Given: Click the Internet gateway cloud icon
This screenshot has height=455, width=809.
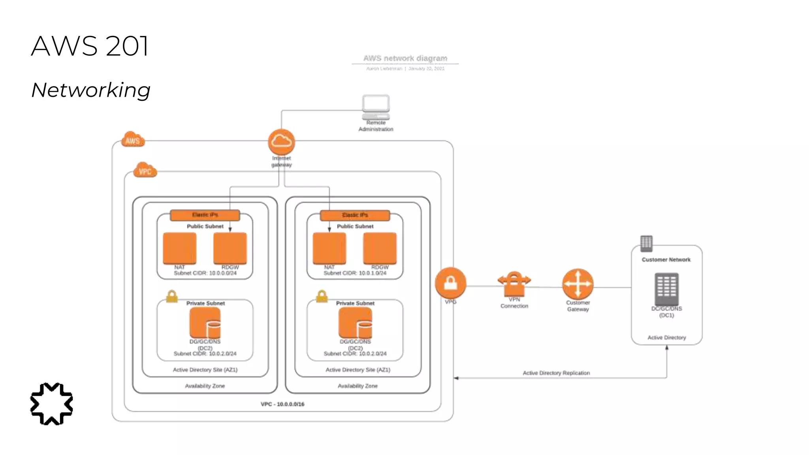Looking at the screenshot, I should coord(281,141).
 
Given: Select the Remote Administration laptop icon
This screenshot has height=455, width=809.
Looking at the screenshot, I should coord(376,107).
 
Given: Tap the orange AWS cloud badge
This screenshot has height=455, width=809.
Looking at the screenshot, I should coord(133,140).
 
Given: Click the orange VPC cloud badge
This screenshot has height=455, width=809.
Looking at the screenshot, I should coord(145,171).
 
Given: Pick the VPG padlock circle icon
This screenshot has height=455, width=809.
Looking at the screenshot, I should coord(450,283).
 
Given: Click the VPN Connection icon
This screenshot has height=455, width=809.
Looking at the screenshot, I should coord(514,284).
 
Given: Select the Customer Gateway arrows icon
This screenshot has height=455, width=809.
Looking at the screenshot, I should coord(578,284).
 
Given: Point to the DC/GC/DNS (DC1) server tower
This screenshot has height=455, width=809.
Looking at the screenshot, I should coord(666,289).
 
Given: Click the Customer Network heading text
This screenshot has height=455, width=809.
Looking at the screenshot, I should coord(666,259).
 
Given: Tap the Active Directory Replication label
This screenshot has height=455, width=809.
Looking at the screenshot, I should coord(556,373).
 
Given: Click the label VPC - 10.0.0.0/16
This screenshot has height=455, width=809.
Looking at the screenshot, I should coord(282,404).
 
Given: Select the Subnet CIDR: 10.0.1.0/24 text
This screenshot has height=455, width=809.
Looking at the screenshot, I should coord(355,273).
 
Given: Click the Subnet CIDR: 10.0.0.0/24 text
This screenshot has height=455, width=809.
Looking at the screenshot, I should coord(205,273).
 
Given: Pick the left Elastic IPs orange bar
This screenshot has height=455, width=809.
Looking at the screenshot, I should coord(205,215).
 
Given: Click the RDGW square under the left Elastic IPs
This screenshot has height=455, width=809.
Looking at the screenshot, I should coord(230,248).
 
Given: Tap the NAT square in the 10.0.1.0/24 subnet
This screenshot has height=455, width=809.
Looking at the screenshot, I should coord(329,248).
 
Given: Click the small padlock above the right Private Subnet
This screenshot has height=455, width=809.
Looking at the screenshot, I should coord(322,296).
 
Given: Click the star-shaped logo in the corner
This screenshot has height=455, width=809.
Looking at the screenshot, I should coord(52,404).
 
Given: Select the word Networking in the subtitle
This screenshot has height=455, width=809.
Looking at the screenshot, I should coord(91,90).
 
